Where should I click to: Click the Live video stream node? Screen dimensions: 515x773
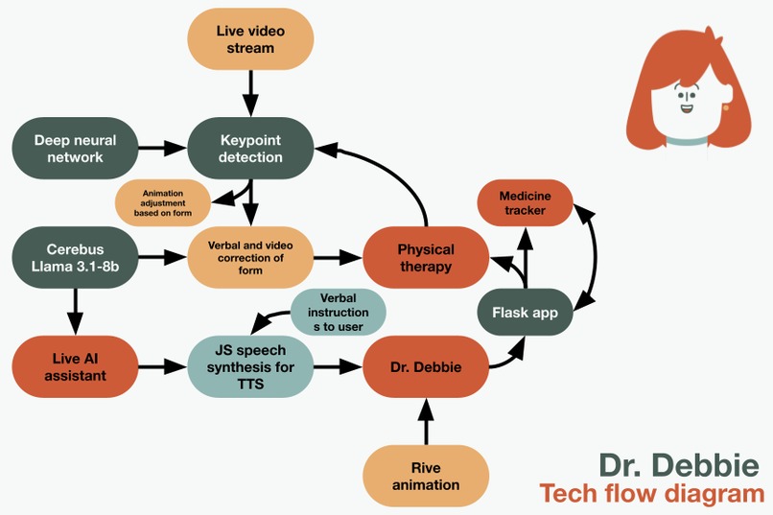(x=250, y=38)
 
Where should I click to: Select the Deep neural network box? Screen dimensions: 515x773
(x=75, y=149)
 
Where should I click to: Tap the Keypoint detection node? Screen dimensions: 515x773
(x=249, y=149)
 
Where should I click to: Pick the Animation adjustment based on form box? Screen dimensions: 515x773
(x=162, y=202)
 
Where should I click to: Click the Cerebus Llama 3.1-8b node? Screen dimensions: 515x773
(x=75, y=257)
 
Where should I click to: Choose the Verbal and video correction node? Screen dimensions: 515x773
(x=250, y=257)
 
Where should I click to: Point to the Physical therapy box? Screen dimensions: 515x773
(x=425, y=257)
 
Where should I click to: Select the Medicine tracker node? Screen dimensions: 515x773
(x=525, y=203)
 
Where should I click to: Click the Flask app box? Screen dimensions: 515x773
(x=525, y=313)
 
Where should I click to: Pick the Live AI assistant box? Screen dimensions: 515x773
(x=75, y=366)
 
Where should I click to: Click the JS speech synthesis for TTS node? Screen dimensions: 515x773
(x=250, y=366)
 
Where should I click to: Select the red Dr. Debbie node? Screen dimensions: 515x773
(x=425, y=366)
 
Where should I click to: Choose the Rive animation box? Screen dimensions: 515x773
(x=425, y=476)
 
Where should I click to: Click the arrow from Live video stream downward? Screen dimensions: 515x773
(x=250, y=94)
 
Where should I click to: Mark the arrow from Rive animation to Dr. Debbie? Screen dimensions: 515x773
(x=425, y=422)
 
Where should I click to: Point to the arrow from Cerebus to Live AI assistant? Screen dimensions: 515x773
(x=75, y=310)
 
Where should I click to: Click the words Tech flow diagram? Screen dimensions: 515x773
(x=651, y=494)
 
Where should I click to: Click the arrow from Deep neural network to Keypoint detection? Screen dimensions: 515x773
(x=161, y=149)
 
